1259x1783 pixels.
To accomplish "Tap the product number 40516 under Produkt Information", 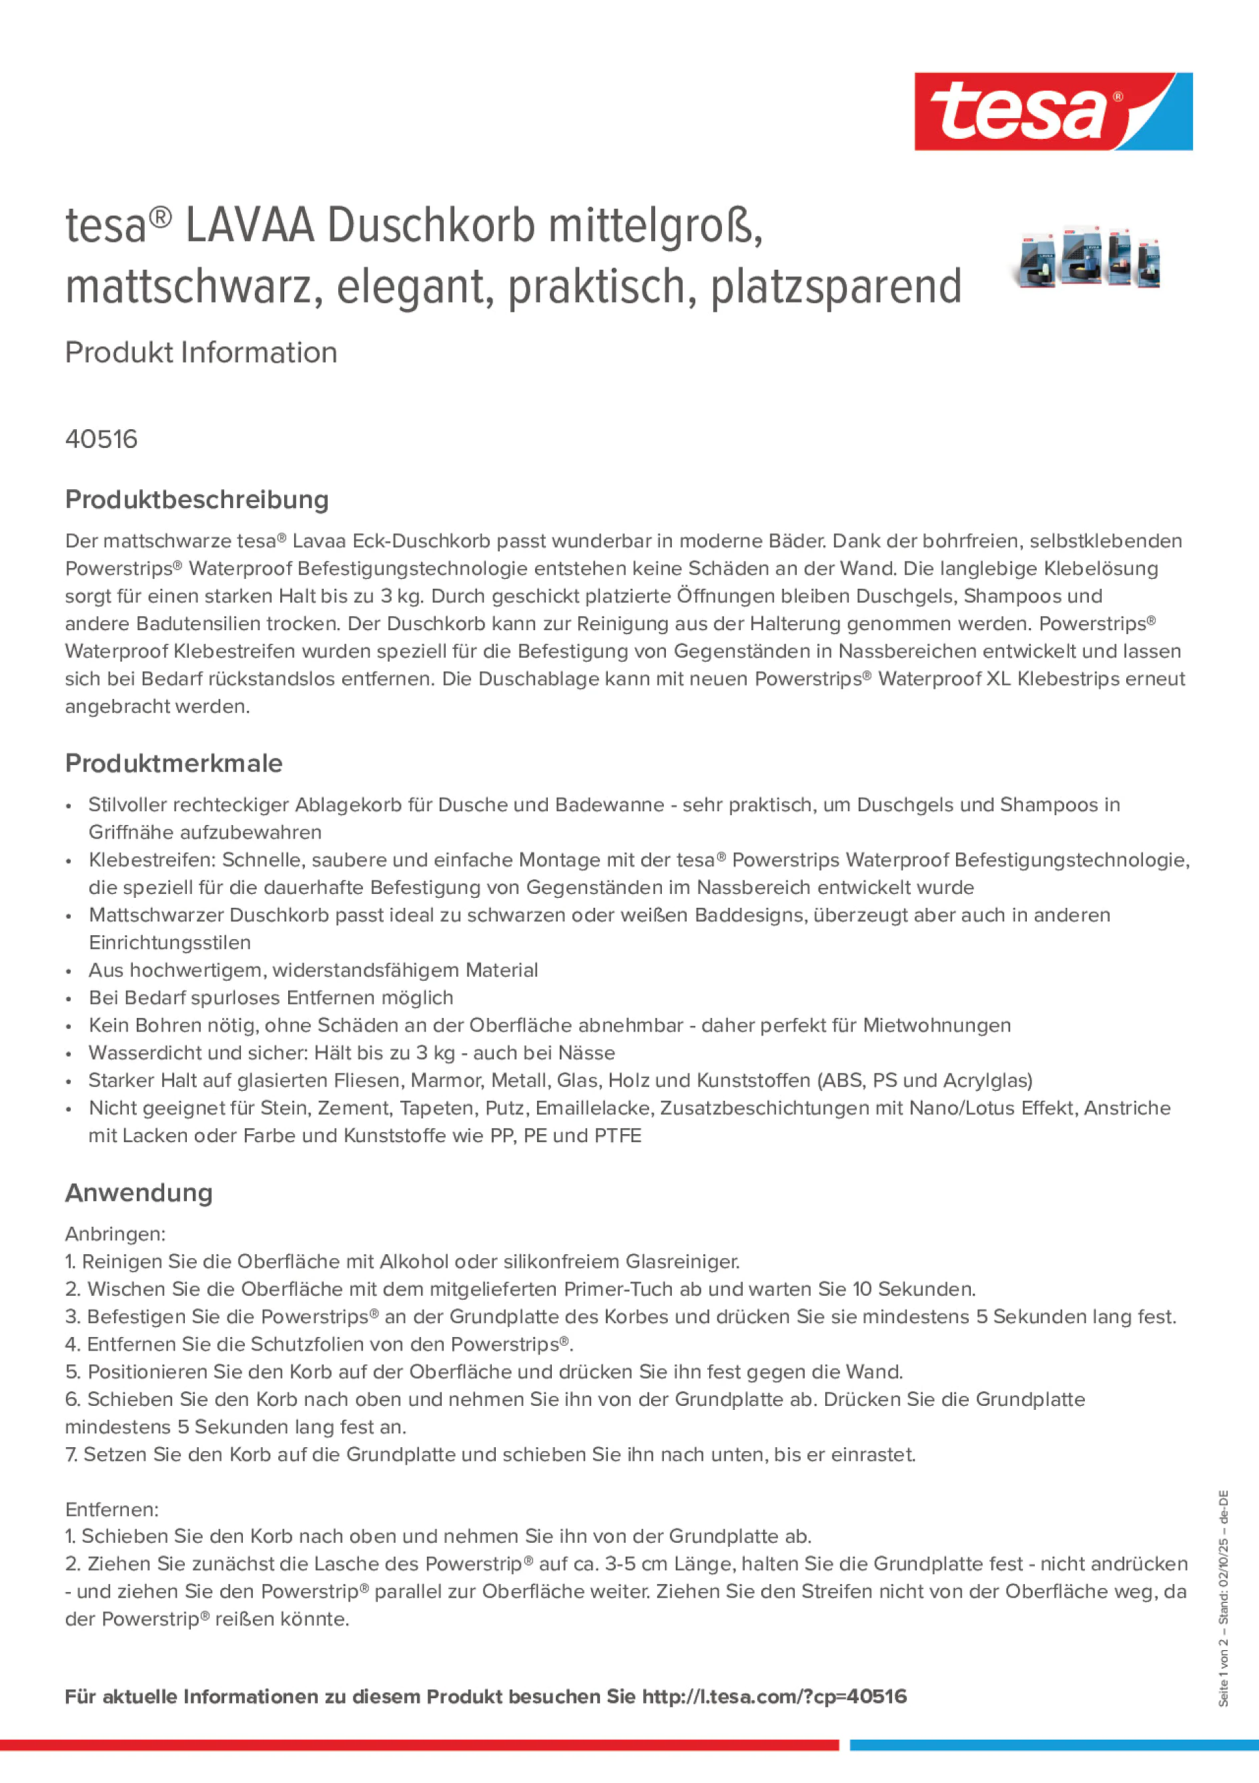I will click(x=101, y=439).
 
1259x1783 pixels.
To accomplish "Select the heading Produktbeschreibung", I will click(x=196, y=499).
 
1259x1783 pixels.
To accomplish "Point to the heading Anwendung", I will click(x=138, y=1193).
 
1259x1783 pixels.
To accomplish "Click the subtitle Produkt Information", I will click(x=201, y=352).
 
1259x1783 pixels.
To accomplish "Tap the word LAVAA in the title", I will click(x=250, y=226).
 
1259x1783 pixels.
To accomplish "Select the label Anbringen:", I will click(x=115, y=1234).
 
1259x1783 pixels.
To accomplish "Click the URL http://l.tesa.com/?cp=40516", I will click(x=774, y=1696).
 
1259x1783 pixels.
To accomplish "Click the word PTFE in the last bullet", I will click(x=618, y=1135).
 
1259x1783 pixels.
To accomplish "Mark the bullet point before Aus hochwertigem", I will click(x=69, y=971).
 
